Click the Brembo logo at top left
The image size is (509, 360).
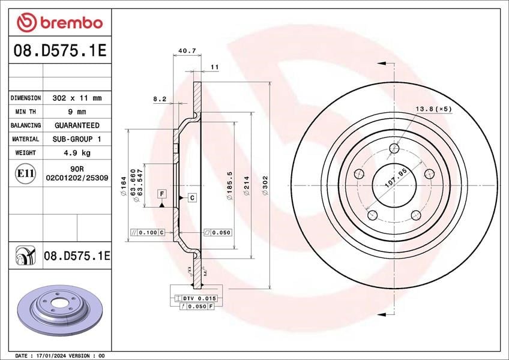coord(60,22)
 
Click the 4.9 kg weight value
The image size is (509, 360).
coord(77,152)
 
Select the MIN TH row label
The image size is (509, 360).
coord(25,112)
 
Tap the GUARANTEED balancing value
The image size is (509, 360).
coord(77,125)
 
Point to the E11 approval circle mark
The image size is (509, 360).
coord(25,173)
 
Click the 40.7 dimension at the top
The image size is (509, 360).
coord(187,50)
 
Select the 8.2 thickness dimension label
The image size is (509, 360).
coord(160,99)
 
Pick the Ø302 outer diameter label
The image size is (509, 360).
coord(265,185)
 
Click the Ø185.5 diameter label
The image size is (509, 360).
coord(230,185)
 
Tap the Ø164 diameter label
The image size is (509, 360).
coord(123,186)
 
